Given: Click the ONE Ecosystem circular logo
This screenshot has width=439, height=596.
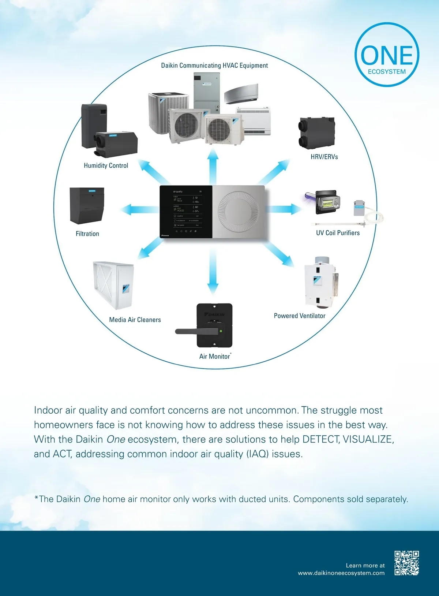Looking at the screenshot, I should [x=387, y=55].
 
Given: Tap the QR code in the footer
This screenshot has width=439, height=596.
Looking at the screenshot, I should [x=406, y=563].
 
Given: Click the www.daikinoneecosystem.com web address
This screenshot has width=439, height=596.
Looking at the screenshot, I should [x=341, y=573].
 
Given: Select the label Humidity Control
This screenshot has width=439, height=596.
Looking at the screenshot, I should [x=106, y=165].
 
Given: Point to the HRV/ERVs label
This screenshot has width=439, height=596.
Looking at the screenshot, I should [x=324, y=157].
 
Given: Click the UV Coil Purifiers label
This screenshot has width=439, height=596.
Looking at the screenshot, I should [x=338, y=233].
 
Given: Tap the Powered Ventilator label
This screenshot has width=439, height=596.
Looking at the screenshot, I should [x=299, y=316].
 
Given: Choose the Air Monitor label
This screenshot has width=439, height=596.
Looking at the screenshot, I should [x=215, y=356].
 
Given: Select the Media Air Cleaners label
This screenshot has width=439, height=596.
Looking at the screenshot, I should [x=135, y=320].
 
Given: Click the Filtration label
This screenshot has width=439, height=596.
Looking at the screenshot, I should [x=87, y=234].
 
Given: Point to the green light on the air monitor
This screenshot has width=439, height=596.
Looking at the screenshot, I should [x=221, y=331].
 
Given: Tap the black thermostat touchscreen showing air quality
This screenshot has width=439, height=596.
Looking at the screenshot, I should [x=186, y=212].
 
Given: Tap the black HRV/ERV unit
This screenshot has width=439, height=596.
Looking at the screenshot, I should [x=316, y=133].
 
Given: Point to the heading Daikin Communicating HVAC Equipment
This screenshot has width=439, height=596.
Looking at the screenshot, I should [x=214, y=66].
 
